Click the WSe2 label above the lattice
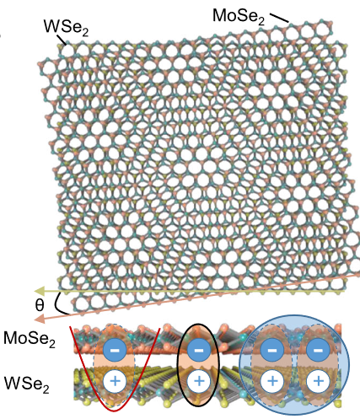point(66,28)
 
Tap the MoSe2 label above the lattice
point(239,16)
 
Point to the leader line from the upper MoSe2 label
point(279,18)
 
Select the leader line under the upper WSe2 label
point(62,40)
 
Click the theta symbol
point(40,305)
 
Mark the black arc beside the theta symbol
point(57,304)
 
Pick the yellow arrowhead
point(40,291)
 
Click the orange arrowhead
point(40,319)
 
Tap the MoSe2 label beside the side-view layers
point(30,339)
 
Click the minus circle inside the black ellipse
point(199,350)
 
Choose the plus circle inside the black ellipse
point(199,381)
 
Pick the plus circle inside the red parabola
point(115,381)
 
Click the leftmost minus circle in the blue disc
point(271,350)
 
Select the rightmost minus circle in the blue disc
point(318,350)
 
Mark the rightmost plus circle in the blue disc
point(318,381)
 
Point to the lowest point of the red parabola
point(115,411)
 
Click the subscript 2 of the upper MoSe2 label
point(261,21)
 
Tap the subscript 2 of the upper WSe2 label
point(85,33)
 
